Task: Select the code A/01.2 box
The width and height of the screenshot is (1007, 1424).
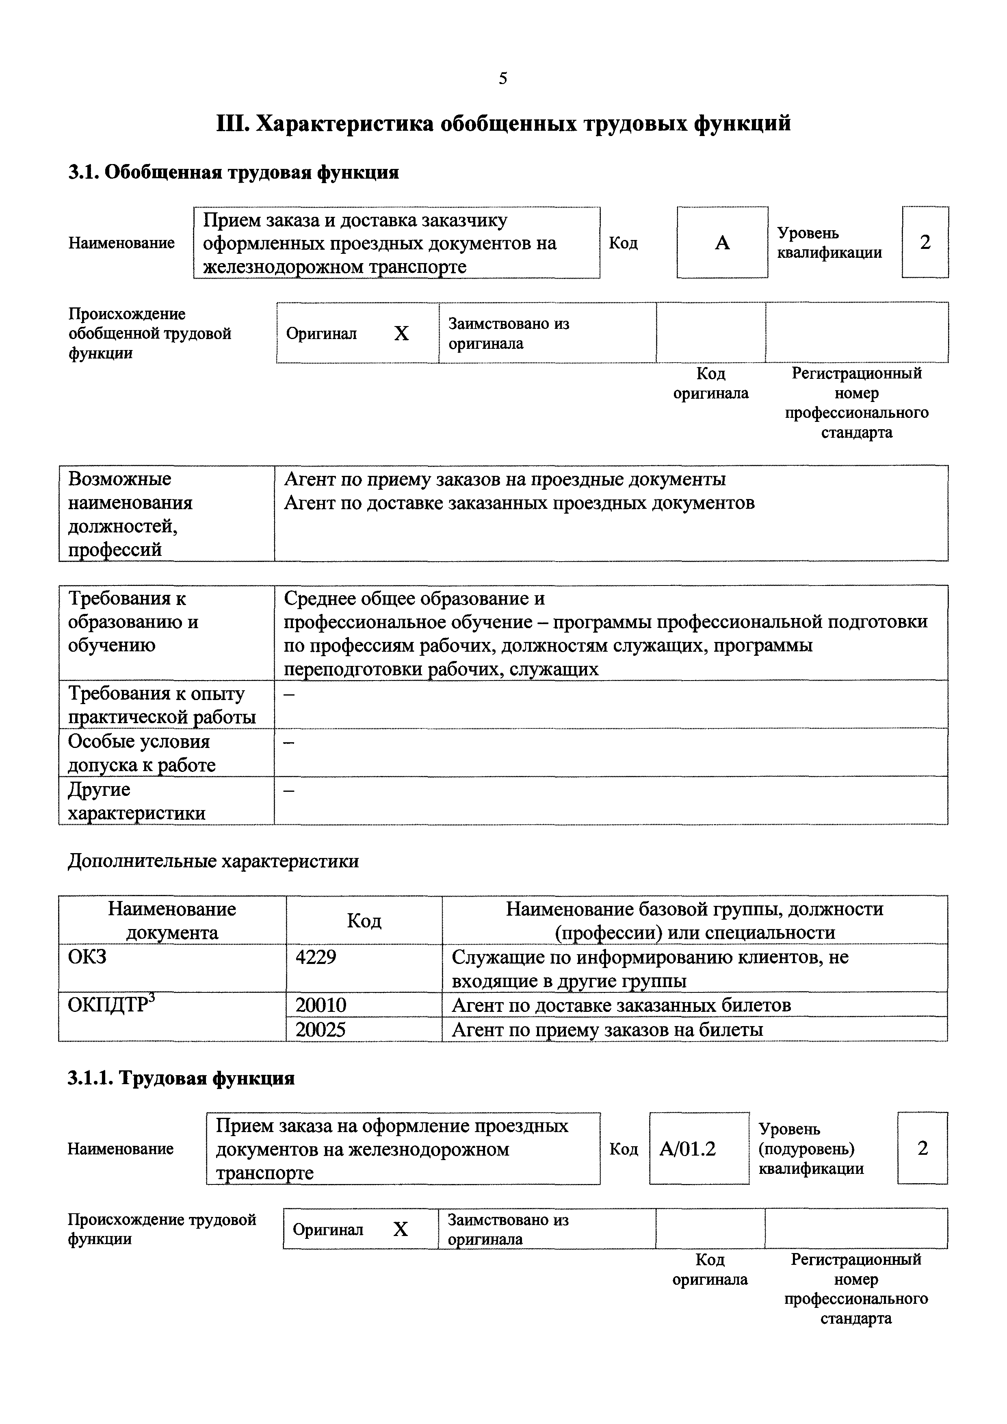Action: coord(687,1149)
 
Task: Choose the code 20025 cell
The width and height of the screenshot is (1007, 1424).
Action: coord(321,1030)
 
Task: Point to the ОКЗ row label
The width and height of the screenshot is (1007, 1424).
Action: coord(87,957)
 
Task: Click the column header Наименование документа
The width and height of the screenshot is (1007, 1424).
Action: coord(172,921)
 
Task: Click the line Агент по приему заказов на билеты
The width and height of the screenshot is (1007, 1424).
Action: coord(607,1030)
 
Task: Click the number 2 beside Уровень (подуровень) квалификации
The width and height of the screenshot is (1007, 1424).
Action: coord(923,1149)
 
